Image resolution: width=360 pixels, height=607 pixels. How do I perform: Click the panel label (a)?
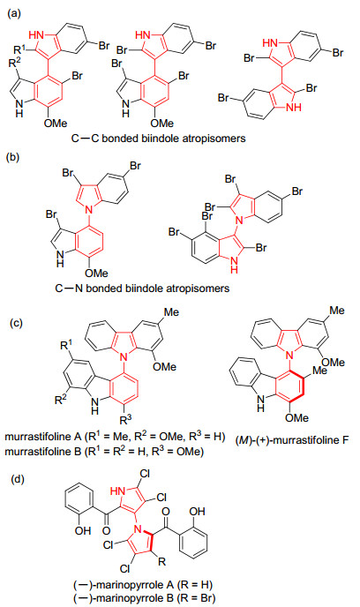(15, 14)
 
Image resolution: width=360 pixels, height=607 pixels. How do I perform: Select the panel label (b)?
(15, 158)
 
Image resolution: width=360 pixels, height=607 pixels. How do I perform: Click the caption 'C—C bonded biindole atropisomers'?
(158, 139)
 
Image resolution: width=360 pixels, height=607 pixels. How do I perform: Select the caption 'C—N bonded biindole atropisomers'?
(142, 288)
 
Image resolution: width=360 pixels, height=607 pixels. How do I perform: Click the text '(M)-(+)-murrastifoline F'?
(292, 439)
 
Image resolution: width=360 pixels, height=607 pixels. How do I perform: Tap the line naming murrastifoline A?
(115, 437)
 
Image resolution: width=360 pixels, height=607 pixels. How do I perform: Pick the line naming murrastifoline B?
(104, 452)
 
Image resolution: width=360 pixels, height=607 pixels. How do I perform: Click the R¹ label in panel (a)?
(19, 49)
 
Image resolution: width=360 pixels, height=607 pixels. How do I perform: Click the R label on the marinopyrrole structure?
(161, 561)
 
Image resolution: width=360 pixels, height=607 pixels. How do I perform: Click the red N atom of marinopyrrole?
(139, 526)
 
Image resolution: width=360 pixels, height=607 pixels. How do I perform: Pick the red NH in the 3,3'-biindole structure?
(293, 108)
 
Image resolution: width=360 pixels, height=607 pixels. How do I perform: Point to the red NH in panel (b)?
(234, 266)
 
